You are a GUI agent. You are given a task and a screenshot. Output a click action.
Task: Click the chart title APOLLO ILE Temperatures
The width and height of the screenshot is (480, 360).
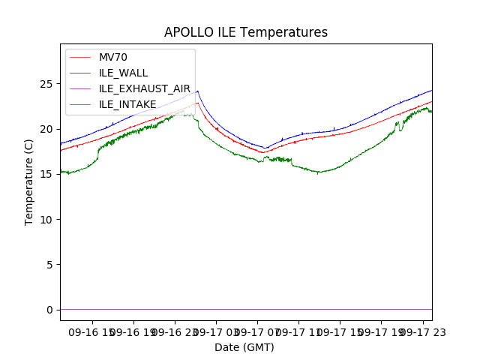point(246,33)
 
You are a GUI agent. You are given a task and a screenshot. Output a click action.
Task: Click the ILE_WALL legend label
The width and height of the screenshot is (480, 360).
point(124,73)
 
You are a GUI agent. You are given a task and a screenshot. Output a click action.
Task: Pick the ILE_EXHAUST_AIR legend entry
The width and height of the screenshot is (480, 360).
point(145,88)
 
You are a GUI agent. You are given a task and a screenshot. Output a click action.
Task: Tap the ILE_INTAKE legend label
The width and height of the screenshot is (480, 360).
point(127,104)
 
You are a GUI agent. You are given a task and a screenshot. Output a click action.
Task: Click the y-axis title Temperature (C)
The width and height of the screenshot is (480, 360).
point(29,181)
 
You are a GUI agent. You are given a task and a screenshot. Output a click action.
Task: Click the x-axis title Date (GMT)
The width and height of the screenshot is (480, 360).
point(244,347)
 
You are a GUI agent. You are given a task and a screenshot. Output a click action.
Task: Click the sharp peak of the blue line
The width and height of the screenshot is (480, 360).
point(197,91)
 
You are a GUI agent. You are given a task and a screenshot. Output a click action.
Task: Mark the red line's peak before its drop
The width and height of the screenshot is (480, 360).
point(198,103)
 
